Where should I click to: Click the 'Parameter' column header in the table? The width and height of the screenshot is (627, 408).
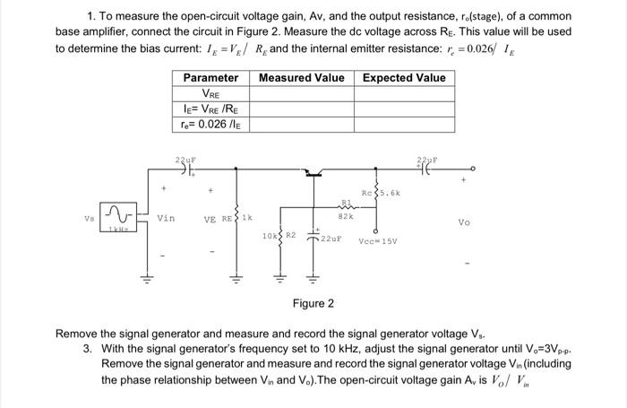coord(210,78)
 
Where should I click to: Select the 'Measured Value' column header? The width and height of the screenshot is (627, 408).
coord(301,78)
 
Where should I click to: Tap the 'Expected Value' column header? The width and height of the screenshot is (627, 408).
coord(403,78)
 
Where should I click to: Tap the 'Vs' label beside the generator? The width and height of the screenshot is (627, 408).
coord(87,217)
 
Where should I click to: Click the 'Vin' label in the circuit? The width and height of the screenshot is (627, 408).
coord(166,217)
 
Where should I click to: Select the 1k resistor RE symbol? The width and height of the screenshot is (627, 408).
coord(236,216)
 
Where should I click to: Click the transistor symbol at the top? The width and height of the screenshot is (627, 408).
coord(313,172)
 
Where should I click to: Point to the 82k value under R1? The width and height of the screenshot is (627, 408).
coord(344,216)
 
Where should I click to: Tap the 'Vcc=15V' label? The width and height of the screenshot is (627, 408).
coord(379,240)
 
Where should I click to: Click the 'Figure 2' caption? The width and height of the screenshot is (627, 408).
coord(313,304)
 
